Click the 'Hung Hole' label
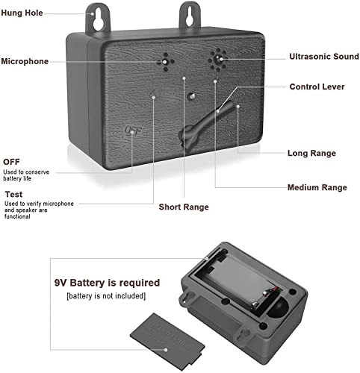coord(22,13)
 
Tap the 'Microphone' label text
coord(25,61)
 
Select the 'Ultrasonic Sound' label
coord(324,57)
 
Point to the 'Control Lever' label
coord(317,87)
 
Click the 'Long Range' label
coord(311,153)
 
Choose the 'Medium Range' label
coord(317,187)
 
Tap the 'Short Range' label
coord(184,207)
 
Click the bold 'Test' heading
coord(13,194)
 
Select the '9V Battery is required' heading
coord(107,283)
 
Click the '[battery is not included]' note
coord(106,296)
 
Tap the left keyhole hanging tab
coord(98,19)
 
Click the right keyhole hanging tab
coord(190,17)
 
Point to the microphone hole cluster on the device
coord(165,62)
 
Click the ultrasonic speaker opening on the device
coord(217,60)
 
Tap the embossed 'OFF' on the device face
coord(133,131)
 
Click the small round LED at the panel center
coord(191,96)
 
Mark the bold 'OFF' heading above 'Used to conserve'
coord(11,162)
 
